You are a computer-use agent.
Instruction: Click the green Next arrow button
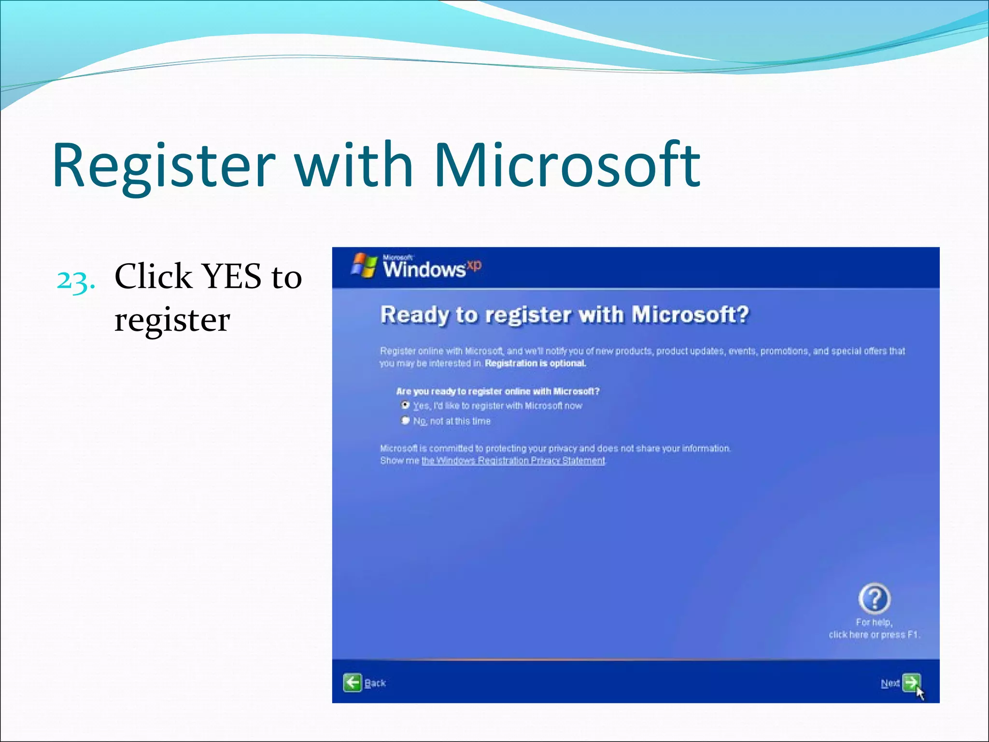click(911, 682)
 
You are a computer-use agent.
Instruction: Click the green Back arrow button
click(353, 683)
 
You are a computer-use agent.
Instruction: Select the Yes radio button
click(405, 405)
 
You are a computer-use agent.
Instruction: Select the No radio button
click(405, 420)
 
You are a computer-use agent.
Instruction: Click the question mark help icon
click(874, 598)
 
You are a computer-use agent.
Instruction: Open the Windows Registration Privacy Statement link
click(513, 460)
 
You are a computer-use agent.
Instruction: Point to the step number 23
click(75, 280)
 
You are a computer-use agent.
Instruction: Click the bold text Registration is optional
click(535, 363)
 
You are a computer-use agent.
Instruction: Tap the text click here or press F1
click(874, 634)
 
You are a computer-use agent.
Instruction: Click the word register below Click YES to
click(172, 320)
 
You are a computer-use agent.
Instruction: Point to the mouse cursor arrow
click(920, 693)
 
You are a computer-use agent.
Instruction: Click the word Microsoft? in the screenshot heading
click(690, 314)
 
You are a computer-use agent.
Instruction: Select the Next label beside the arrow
click(890, 683)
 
